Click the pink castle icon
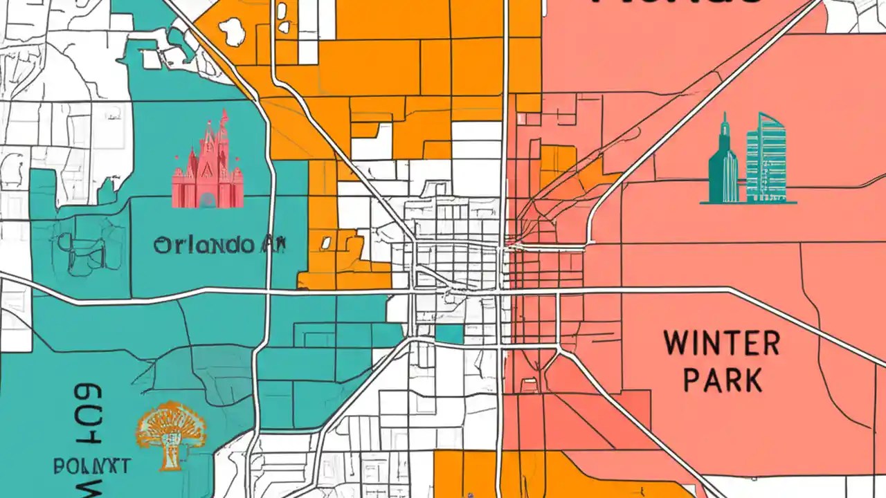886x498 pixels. coord(208,163)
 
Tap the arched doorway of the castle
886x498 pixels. coord(207,201)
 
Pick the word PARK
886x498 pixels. coord(723,381)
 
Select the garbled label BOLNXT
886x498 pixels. coord(91,465)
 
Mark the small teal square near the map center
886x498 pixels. coord(449,334)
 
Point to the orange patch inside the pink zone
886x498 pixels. coord(557,166)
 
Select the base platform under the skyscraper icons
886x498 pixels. coord(748,203)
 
